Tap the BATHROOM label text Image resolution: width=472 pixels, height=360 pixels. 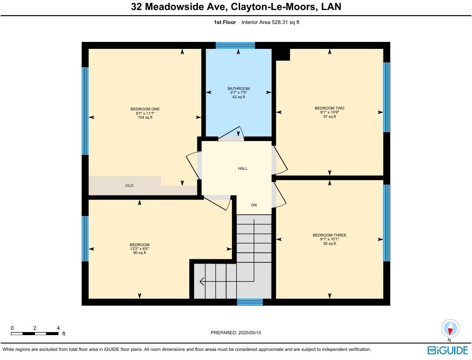coord(238,89)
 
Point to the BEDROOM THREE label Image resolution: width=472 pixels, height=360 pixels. coord(330,235)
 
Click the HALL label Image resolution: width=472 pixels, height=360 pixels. coord(243,168)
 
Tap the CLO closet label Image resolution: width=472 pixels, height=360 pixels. coord(129,185)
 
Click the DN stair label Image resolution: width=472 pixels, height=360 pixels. coord(254,205)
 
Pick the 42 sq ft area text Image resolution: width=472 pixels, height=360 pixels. coord(238,97)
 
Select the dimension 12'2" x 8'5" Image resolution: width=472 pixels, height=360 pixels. coord(140,249)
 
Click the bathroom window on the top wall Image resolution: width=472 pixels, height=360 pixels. coord(235,45)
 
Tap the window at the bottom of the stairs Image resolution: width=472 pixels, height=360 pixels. coord(250,302)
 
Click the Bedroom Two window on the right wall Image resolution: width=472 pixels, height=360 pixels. coord(386,97)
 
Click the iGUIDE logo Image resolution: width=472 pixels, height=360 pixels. coord(448,350)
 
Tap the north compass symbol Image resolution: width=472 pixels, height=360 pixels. coord(450,328)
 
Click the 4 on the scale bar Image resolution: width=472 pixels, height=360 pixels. coord(58,328)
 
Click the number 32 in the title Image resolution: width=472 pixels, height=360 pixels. coord(136,7)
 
